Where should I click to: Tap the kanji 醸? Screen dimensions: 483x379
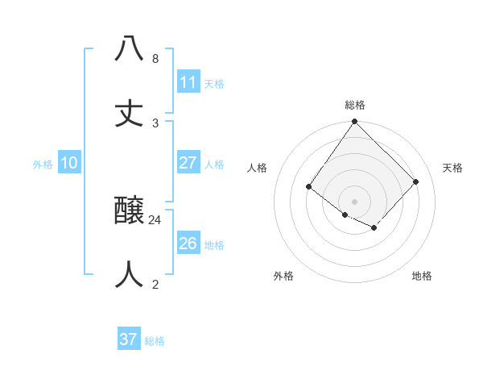pyautogui.click(x=129, y=210)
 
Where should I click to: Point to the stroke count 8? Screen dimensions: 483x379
pyautogui.click(x=155, y=58)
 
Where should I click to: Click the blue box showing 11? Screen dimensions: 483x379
pyautogui.click(x=188, y=82)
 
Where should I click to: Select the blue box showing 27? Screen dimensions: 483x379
pyautogui.click(x=188, y=163)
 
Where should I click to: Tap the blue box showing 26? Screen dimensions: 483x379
pyautogui.click(x=188, y=244)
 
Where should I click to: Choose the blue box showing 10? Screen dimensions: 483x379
pyautogui.click(x=69, y=163)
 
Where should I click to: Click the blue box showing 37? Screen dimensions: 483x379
pyautogui.click(x=129, y=339)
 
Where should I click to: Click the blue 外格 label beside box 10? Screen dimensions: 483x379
pyautogui.click(x=43, y=165)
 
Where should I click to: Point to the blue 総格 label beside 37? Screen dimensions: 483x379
pyautogui.click(x=155, y=341)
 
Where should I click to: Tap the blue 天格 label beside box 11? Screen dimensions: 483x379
pyautogui.click(x=214, y=84)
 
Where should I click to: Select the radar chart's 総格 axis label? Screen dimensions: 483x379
pyautogui.click(x=354, y=105)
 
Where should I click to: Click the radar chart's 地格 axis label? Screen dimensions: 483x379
pyautogui.click(x=422, y=276)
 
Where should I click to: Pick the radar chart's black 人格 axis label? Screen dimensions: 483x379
pyautogui.click(x=257, y=168)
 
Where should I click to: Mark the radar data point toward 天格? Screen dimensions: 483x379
pyautogui.click(x=416, y=181)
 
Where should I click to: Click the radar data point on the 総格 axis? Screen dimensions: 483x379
pyautogui.click(x=354, y=122)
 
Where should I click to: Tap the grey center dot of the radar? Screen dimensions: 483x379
pyautogui.click(x=354, y=202)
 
